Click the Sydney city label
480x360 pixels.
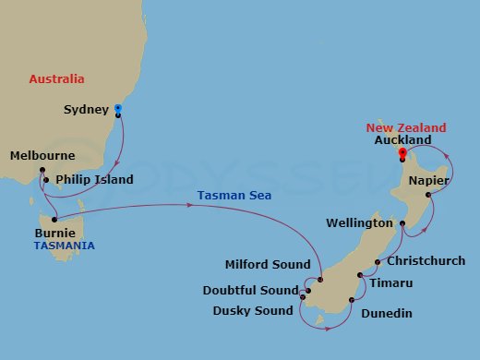point(86,110)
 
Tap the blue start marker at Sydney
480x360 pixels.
point(117,110)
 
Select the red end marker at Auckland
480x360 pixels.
point(402,152)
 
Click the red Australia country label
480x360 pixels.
point(56,79)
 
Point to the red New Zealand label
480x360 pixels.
point(406,127)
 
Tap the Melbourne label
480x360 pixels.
point(42,157)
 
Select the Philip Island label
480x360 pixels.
point(94,179)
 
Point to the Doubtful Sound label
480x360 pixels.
point(251,290)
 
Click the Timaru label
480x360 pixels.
point(390,282)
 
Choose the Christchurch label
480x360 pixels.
point(426,261)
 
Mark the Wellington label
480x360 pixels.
point(362,223)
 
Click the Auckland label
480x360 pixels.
point(403,140)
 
